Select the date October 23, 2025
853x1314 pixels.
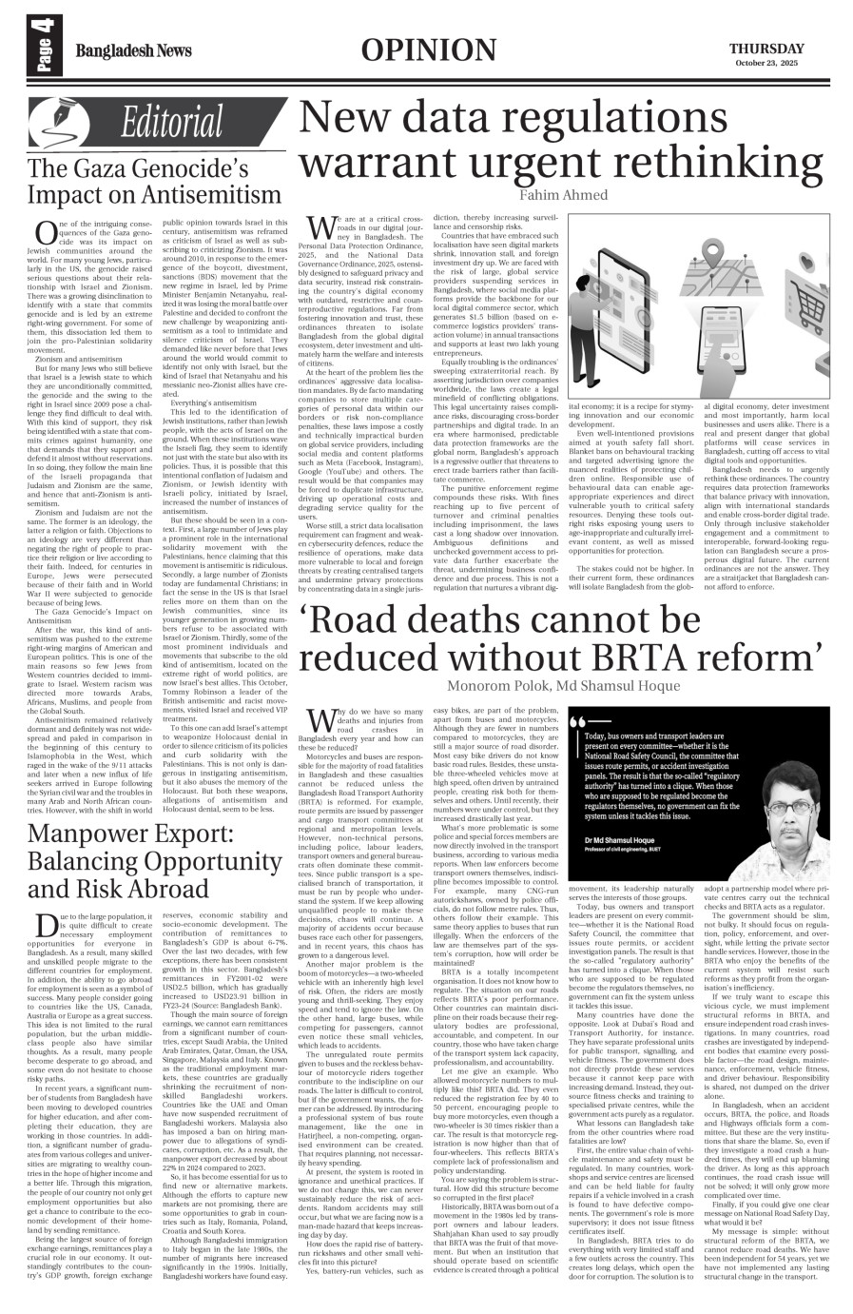point(767,64)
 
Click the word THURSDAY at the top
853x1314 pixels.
point(767,49)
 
